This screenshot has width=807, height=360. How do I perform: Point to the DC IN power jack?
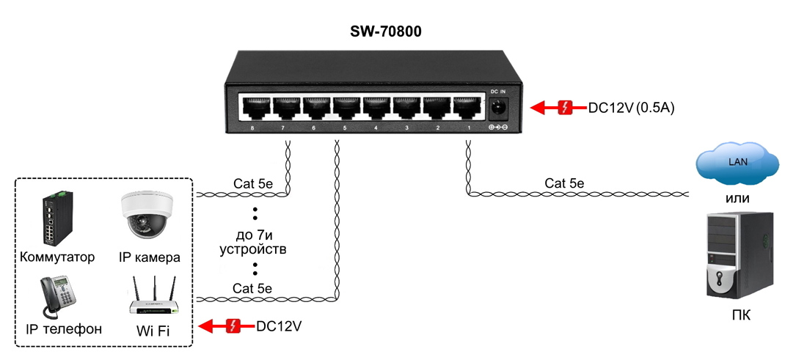[x=499, y=108]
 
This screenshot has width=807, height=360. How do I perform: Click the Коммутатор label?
[x=58, y=257]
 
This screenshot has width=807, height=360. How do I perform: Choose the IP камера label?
[x=149, y=257]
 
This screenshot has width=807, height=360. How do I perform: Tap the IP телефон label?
[x=64, y=329]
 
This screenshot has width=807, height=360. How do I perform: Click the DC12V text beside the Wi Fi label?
[x=279, y=326]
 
